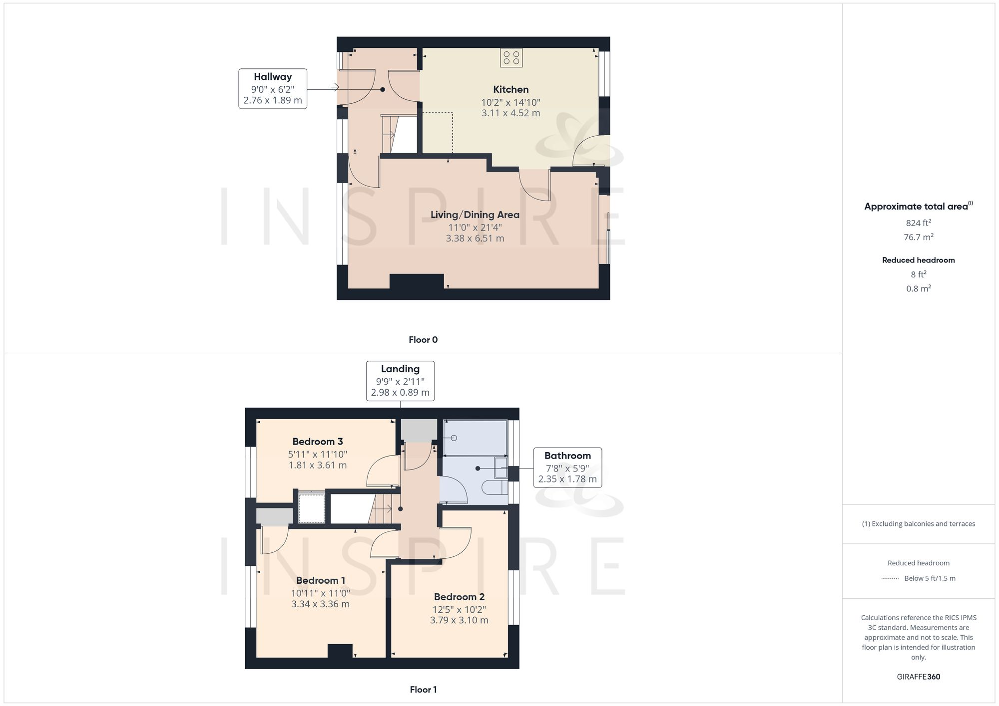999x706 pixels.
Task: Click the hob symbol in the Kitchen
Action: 511,57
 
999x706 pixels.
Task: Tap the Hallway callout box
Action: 273,89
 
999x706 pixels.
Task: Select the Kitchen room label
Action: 510,90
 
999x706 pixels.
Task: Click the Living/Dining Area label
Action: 475,215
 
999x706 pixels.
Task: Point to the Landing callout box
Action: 400,381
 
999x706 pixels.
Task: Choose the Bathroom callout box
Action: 567,468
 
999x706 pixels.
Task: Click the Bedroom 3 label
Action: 318,442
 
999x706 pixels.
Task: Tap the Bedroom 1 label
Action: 321,580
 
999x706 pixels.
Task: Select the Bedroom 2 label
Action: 459,597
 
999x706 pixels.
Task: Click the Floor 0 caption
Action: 423,340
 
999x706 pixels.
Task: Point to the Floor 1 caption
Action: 423,690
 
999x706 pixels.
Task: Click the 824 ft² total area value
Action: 918,223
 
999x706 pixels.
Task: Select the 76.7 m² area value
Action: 918,237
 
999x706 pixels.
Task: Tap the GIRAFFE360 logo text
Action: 918,677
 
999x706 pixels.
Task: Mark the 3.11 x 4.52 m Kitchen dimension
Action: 510,113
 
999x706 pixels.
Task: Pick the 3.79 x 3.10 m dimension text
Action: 459,620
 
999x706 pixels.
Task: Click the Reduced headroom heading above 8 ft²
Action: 918,260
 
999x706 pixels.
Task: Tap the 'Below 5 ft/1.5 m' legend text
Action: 930,578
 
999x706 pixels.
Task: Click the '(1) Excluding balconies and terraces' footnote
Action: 918,524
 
